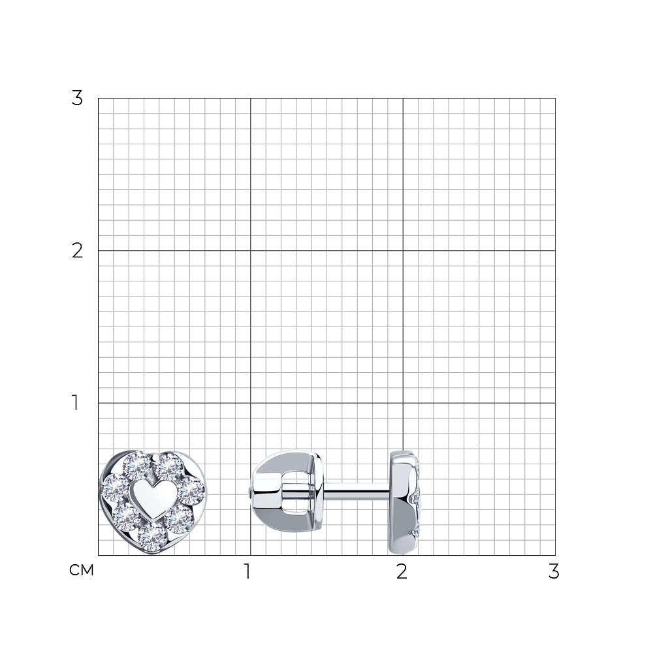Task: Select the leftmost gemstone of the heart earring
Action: tap(114, 488)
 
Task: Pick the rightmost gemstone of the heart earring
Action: tap(191, 492)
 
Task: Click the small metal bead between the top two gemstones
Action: tap(155, 458)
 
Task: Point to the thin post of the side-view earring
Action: tap(357, 492)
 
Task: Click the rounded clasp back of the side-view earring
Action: tap(287, 492)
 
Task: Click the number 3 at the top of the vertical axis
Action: tap(77, 99)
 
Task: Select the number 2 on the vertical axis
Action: tap(77, 251)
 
